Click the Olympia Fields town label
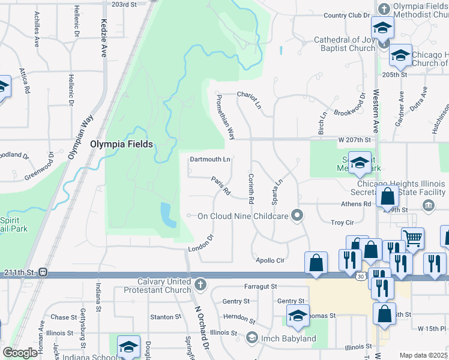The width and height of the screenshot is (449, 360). click(121, 144)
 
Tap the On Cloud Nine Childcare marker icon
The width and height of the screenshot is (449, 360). click(297, 215)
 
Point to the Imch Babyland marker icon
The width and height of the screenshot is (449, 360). click(252, 338)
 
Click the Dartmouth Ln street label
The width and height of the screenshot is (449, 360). click(210, 160)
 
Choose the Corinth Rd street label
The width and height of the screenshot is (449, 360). click(250, 187)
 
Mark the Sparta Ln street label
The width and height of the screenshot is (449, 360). click(278, 192)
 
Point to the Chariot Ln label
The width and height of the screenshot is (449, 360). click(249, 100)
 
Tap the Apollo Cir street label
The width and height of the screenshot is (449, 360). click(270, 260)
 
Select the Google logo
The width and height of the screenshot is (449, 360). click(20, 353)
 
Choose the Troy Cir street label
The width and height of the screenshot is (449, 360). click(342, 223)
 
